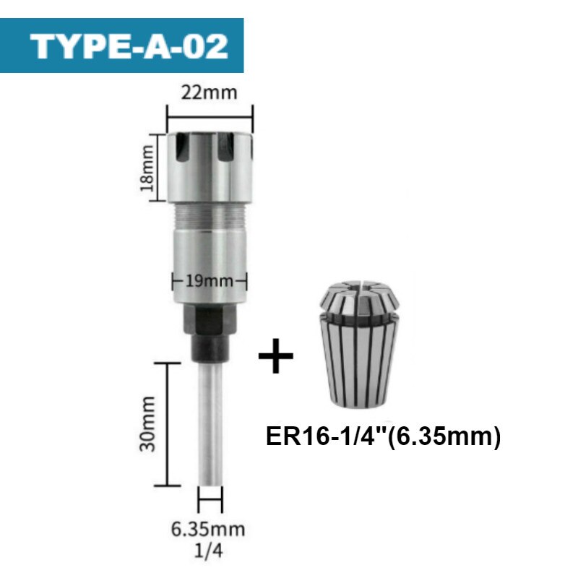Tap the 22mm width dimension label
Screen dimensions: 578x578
point(209,92)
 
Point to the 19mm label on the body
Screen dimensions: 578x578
point(209,280)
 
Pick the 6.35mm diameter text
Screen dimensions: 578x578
point(208,530)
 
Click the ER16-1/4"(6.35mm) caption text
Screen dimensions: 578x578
point(384,438)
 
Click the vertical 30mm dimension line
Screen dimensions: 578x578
point(168,424)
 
